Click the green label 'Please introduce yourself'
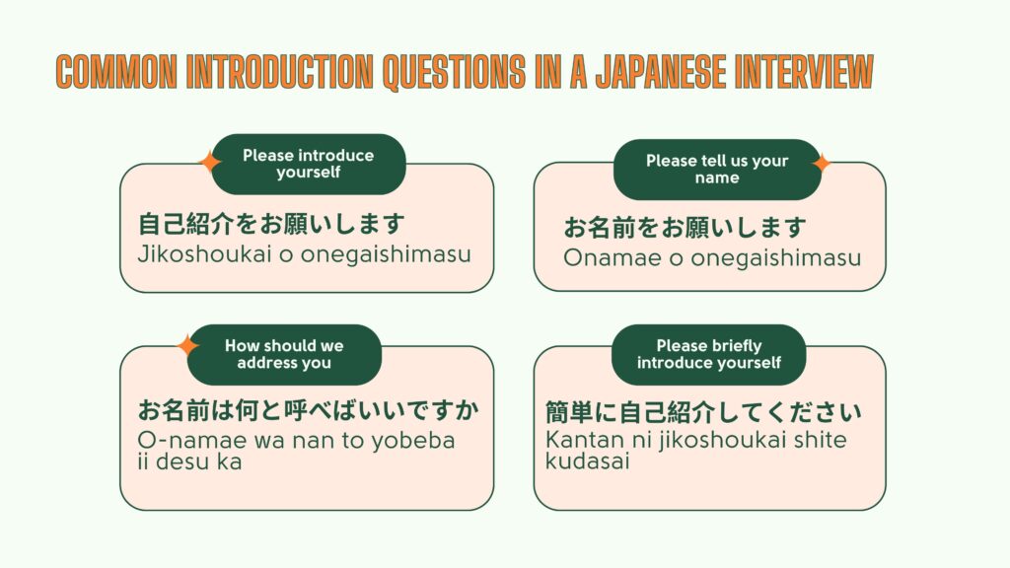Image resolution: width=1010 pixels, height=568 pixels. tap(309, 164)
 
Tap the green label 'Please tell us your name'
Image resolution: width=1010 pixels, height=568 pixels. tap(717, 170)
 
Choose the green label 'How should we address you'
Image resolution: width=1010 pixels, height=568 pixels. tap(284, 354)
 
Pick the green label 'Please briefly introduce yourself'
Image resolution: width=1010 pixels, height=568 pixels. tap(709, 354)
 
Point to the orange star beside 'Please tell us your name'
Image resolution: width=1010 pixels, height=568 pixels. tap(821, 164)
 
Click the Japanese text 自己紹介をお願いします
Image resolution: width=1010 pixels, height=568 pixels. tap(272, 224)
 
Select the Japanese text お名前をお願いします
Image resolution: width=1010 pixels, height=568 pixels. tap(685, 229)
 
